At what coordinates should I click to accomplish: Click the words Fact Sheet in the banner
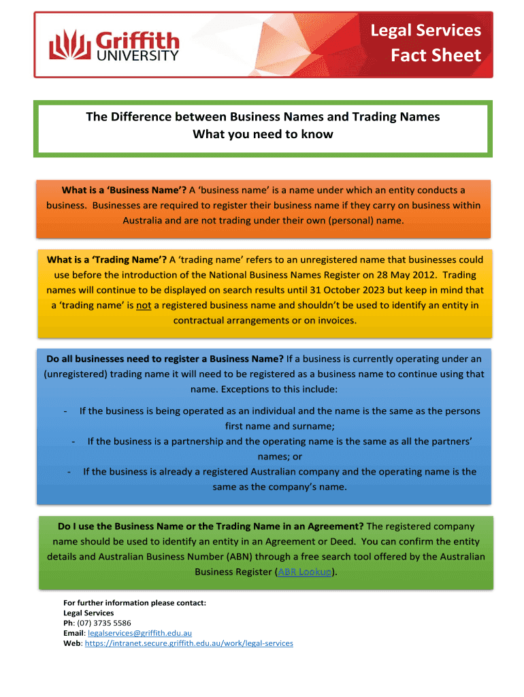click(x=436, y=55)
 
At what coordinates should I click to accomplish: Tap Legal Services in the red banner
click(x=425, y=30)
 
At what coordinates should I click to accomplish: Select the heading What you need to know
click(x=263, y=134)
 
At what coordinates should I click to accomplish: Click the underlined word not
click(x=144, y=305)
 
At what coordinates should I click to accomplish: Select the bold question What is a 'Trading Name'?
click(x=107, y=259)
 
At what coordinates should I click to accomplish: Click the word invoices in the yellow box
click(x=333, y=320)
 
